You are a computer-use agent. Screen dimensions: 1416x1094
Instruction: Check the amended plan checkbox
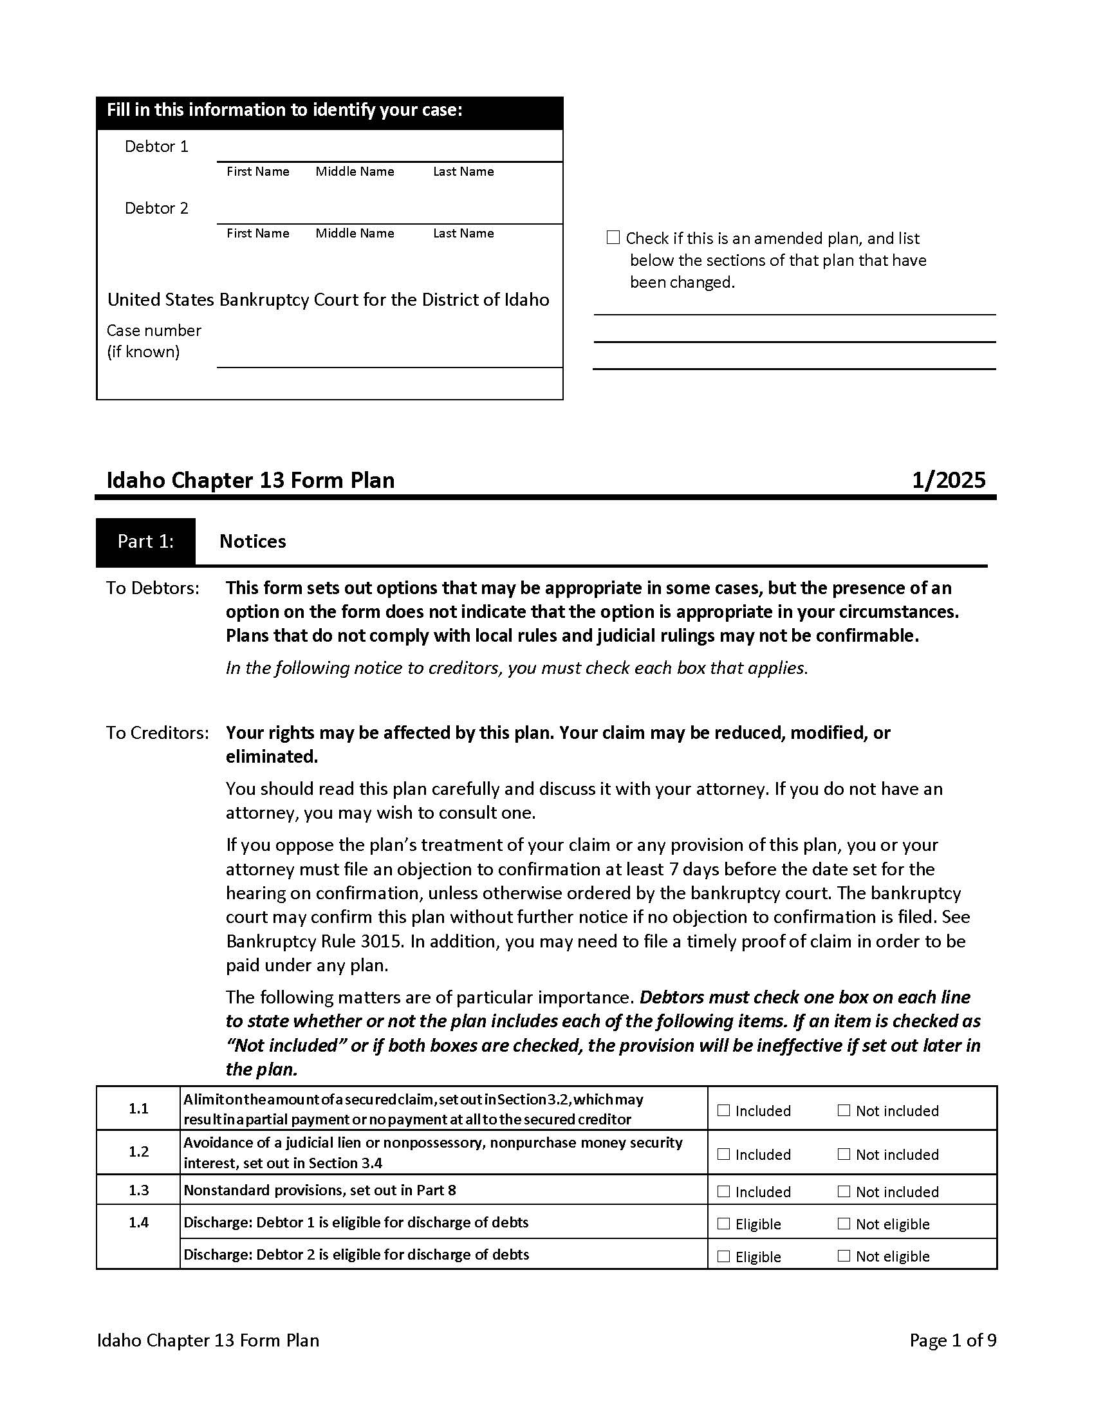(x=613, y=238)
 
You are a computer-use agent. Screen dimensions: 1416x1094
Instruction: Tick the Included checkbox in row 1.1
(x=723, y=1110)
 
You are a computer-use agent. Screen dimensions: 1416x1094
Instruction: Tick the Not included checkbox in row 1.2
(x=843, y=1153)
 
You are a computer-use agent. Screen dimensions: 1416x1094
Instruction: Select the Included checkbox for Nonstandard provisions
(x=723, y=1191)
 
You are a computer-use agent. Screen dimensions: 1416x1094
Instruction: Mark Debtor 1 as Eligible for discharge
(x=723, y=1223)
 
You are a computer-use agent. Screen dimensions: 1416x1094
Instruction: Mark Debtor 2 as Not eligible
(x=843, y=1255)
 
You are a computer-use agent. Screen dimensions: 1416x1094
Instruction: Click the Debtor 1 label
(x=156, y=147)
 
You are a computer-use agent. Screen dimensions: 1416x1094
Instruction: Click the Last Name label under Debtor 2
(x=463, y=234)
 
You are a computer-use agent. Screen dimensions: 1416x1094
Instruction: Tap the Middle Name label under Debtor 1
(x=355, y=172)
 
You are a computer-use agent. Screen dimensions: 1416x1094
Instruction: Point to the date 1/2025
(x=948, y=480)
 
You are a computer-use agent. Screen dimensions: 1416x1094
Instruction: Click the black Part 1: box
(x=145, y=541)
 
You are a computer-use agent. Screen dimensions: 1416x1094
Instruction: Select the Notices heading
(x=252, y=541)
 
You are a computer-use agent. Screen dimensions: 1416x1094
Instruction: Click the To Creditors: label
(x=158, y=732)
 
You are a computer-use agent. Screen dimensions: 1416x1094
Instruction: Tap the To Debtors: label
(x=153, y=588)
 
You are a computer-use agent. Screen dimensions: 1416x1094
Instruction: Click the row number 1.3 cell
(x=138, y=1189)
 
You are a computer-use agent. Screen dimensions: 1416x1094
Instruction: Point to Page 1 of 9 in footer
(x=952, y=1340)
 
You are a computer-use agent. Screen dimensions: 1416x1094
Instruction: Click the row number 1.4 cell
(x=138, y=1222)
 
